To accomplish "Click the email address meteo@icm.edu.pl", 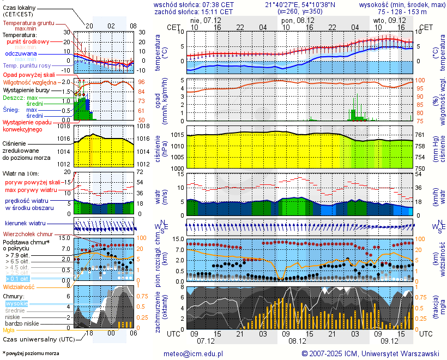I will tap(194, 353).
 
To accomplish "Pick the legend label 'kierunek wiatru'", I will tap(25, 224).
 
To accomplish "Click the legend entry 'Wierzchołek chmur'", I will tap(28, 235).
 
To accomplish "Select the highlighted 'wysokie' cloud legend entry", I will tap(16, 303).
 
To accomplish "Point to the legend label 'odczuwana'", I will tap(21, 54).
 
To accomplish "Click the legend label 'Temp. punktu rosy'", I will tap(27, 65).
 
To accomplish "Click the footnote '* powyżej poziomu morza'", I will tap(31, 353).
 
